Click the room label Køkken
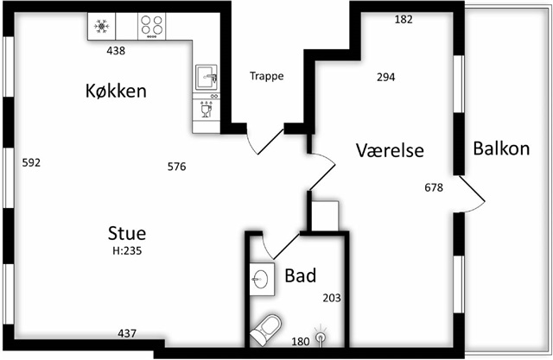[x=115, y=91]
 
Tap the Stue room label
[x=126, y=233]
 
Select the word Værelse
[x=389, y=150]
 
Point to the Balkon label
[x=501, y=148]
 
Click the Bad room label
[x=300, y=276]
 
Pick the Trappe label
[x=266, y=76]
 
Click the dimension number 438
[x=116, y=51]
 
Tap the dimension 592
[x=31, y=162]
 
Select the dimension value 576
[x=176, y=167]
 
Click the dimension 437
[x=127, y=333]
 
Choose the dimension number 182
[x=404, y=19]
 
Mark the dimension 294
[x=386, y=77]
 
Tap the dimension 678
[x=434, y=187]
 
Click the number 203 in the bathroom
[x=332, y=298]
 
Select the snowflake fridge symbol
[x=102, y=27]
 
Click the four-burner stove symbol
[x=153, y=27]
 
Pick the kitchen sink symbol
[x=207, y=77]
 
